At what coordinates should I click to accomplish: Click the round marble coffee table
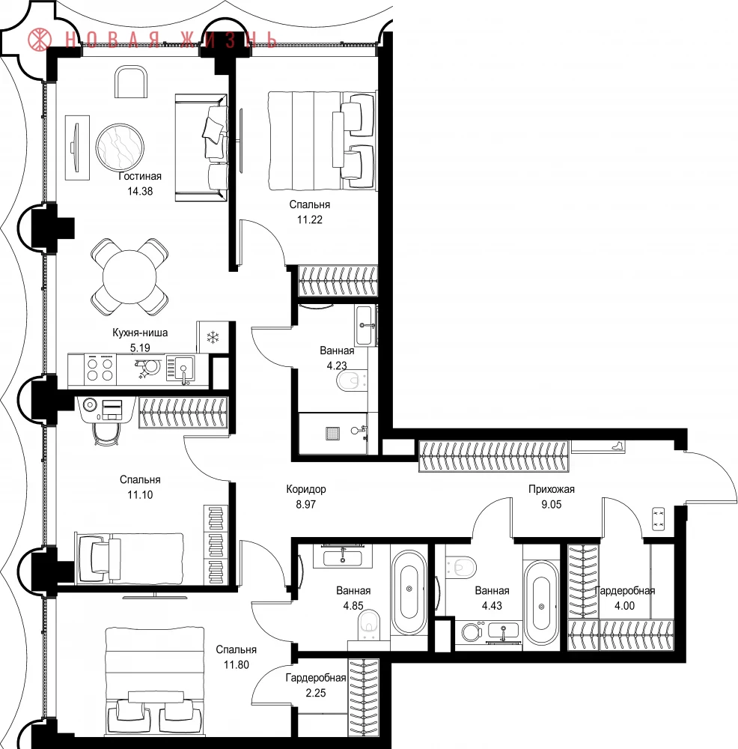point(119,147)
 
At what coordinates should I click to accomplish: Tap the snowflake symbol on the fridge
point(213,338)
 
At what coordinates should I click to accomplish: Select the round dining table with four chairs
point(129,277)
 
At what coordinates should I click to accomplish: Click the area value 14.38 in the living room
point(140,191)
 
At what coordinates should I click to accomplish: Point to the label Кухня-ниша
point(140,333)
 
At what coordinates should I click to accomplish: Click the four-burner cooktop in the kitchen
point(100,370)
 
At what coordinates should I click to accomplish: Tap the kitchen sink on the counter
point(183,369)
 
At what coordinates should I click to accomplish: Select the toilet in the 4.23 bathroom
point(352,381)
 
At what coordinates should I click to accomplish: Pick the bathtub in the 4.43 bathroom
point(541,603)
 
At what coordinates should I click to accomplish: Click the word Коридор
point(306,489)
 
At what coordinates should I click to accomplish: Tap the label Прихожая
point(552,489)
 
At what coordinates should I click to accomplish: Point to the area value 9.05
point(552,504)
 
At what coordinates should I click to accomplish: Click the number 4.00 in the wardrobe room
point(624,606)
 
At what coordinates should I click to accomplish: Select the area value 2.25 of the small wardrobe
point(316,693)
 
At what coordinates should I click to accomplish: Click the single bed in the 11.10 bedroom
point(129,559)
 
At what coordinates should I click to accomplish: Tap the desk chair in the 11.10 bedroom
point(106,434)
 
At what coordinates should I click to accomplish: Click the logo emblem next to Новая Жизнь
point(39,39)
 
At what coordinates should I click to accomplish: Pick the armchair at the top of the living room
point(131,82)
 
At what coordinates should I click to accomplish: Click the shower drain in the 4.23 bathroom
point(332,433)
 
